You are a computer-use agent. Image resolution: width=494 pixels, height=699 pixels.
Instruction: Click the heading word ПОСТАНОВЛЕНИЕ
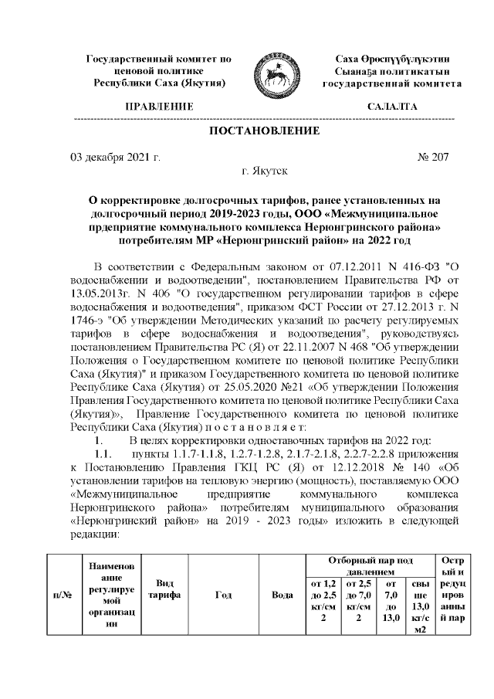264,131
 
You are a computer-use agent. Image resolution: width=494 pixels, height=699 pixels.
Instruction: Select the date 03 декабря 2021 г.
116,158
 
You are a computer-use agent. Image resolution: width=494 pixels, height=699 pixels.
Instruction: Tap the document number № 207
432,158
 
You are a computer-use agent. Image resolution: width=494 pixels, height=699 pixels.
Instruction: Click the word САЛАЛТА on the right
392,106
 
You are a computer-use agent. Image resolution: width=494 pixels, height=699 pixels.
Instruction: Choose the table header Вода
283,596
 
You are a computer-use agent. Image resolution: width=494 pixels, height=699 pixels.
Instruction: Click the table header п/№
61,596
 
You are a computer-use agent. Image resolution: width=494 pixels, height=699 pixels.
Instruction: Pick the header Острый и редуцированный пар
450,596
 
